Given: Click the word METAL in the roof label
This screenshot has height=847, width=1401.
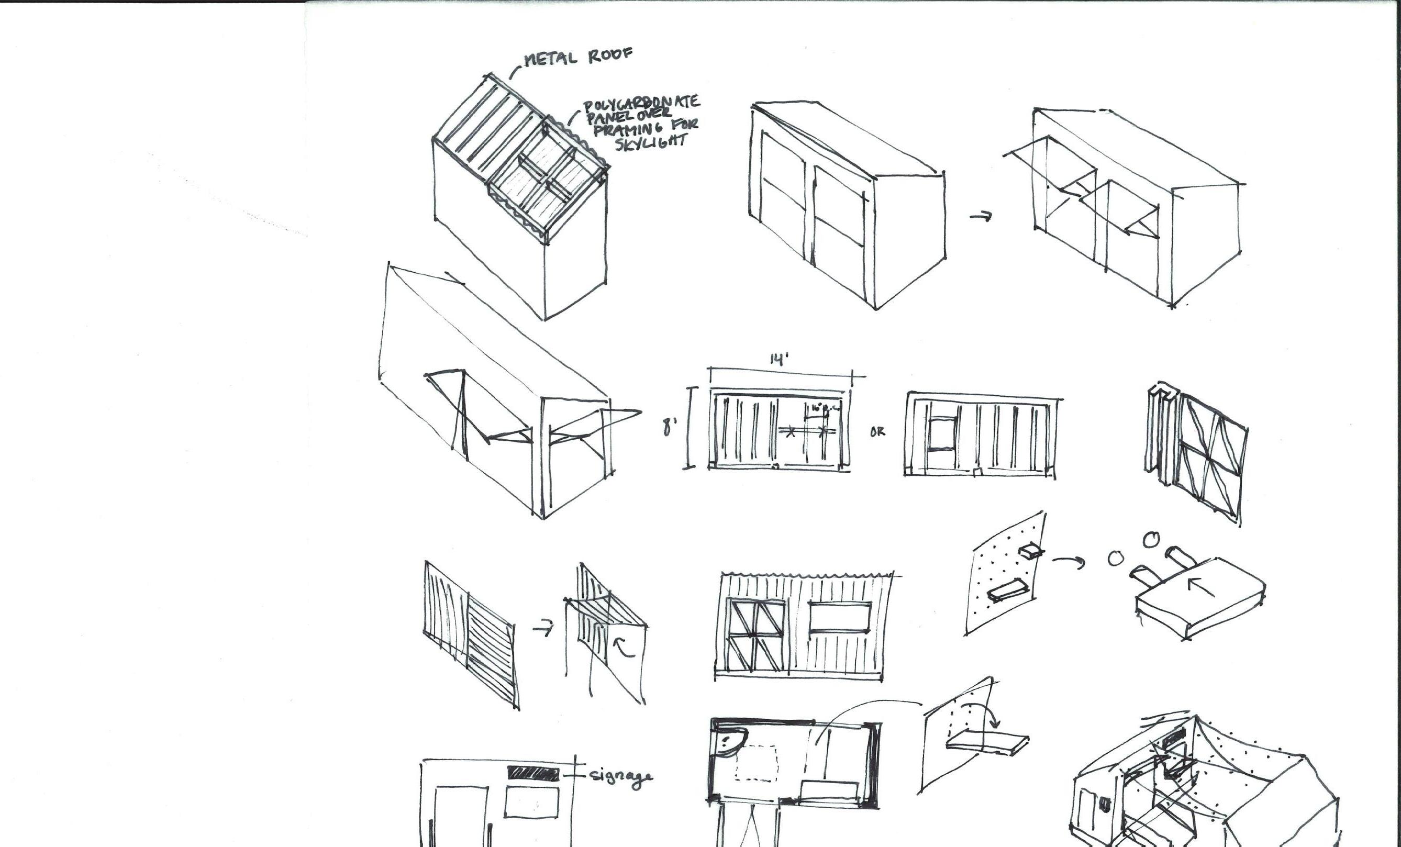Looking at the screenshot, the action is (549, 59).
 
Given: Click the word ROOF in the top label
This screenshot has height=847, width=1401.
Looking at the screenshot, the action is (609, 55).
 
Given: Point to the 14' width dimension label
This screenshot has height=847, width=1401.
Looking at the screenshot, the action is (779, 360).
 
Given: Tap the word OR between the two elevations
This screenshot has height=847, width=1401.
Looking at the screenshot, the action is (877, 431).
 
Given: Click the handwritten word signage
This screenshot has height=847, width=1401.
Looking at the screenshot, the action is (621, 776).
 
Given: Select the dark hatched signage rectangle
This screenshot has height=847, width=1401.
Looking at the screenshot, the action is (533, 773).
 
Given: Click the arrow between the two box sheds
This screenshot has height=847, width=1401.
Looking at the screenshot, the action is (981, 216).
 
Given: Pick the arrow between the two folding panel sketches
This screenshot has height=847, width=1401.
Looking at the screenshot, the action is (543, 629).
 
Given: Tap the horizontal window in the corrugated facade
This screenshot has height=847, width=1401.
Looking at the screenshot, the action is (839, 617).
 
